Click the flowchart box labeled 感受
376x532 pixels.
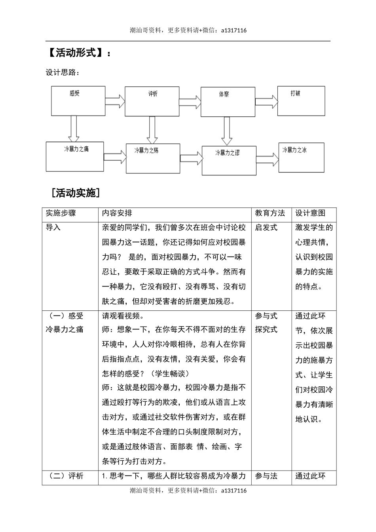[78, 101]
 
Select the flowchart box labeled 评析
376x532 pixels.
[152, 101]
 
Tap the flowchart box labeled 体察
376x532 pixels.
[228, 102]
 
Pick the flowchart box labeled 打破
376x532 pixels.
[301, 101]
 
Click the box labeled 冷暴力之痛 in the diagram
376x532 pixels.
[75, 156]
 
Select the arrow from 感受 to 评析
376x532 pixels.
[115, 101]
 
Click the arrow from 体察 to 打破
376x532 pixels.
[266, 101]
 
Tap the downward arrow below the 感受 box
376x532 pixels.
[73, 128]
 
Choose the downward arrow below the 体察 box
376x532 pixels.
[226, 131]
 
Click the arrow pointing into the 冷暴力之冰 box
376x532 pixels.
[267, 158]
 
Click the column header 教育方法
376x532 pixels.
[270, 213]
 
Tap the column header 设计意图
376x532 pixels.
[310, 213]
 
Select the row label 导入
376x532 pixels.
[53, 228]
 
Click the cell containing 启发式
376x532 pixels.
[266, 228]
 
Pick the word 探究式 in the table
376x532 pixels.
[266, 329]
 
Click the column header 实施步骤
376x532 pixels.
[61, 213]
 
